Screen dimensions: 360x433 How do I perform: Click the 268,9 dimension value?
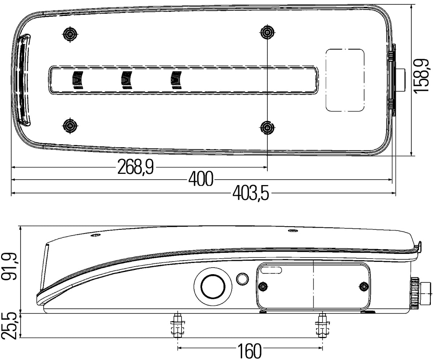click(135, 167)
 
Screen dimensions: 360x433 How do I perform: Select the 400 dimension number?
click(201, 180)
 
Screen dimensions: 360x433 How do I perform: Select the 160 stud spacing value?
click(249, 350)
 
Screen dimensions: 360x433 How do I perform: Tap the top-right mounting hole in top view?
click(267, 32)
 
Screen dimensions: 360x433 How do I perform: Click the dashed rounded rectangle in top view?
click(345, 79)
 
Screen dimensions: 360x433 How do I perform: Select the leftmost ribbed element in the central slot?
click(78, 80)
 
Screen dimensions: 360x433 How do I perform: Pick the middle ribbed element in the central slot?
click(127, 80)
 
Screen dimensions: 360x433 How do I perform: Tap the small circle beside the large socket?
click(242, 278)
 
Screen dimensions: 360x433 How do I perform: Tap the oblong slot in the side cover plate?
click(272, 270)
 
